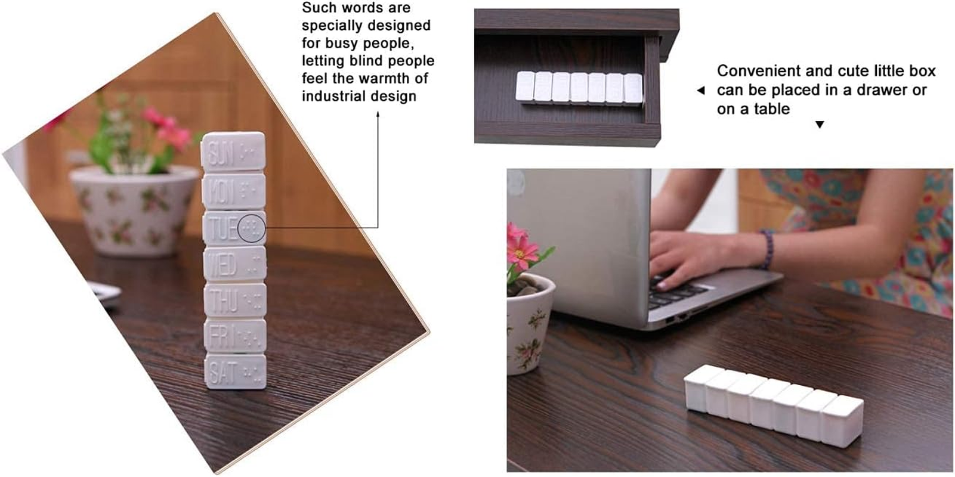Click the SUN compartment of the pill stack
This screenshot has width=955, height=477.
pyautogui.click(x=233, y=152)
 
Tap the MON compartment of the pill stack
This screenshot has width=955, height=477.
pyautogui.click(x=234, y=191)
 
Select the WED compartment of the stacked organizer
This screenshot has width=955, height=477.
pyautogui.click(x=234, y=264)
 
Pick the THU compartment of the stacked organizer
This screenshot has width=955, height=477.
pyautogui.click(x=235, y=300)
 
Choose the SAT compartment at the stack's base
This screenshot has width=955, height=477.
pyautogui.click(x=236, y=372)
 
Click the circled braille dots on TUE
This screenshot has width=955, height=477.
pyautogui.click(x=251, y=228)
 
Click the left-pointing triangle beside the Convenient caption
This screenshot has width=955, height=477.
pyautogui.click(x=701, y=91)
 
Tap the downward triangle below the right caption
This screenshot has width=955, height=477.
pyautogui.click(x=820, y=125)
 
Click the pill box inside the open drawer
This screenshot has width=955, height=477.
pyautogui.click(x=579, y=88)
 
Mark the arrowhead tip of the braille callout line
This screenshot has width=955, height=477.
pyautogui.click(x=378, y=113)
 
